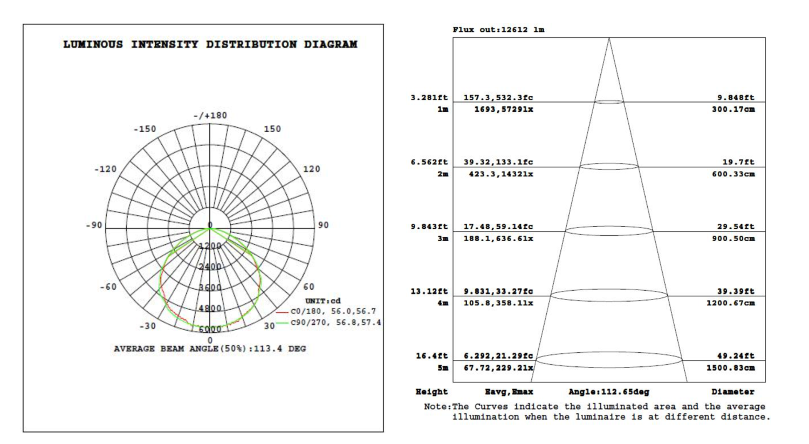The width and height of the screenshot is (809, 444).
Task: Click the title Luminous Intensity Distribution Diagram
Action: [x=210, y=44]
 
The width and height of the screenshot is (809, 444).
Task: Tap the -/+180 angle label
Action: [x=210, y=115]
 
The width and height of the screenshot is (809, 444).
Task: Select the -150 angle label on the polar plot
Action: [x=145, y=129]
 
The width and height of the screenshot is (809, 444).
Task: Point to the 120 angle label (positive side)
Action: [x=311, y=169]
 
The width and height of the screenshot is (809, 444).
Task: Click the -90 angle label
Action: [x=94, y=225]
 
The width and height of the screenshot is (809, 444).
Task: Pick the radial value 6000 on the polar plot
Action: [x=210, y=329]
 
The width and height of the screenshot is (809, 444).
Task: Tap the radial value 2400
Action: [x=210, y=267]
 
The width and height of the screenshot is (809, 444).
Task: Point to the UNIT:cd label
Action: [x=323, y=301]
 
